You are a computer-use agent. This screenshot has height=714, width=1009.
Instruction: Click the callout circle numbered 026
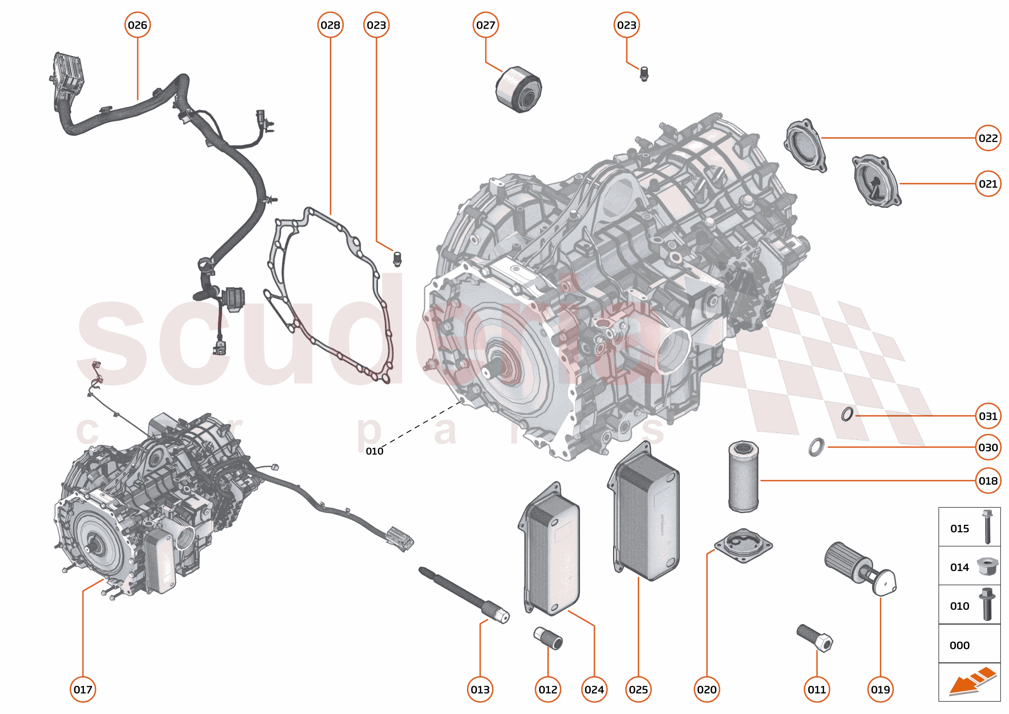coord(138,25)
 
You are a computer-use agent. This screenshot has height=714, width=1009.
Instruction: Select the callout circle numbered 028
coord(330,25)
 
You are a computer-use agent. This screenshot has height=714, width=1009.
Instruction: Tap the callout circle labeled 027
coord(486,25)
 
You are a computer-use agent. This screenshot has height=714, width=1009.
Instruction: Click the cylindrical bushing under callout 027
coord(518,90)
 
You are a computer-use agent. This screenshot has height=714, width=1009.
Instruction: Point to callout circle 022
coord(988,138)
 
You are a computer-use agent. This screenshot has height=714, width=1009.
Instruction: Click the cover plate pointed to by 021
coord(876,180)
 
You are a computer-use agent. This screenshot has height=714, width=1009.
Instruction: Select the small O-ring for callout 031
coord(847,414)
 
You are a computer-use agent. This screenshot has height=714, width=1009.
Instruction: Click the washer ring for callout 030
coord(816,447)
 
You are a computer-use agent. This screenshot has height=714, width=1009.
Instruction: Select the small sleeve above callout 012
coord(548,639)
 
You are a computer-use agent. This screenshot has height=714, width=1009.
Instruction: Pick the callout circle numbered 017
coord(83,689)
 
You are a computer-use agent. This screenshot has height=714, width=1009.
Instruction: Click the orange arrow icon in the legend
coord(972,683)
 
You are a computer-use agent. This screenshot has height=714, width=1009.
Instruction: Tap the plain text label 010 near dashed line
coord(374,451)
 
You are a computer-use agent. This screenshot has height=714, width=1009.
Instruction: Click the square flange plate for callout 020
coord(743,546)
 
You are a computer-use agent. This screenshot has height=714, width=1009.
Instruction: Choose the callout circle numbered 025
coord(638,689)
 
